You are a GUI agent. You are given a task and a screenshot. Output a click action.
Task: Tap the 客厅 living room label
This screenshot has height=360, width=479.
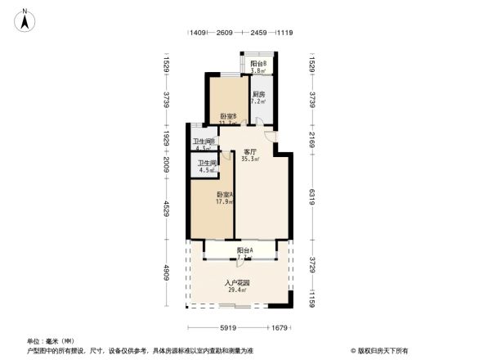251,151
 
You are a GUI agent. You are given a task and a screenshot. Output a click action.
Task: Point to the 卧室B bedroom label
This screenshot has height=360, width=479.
228,116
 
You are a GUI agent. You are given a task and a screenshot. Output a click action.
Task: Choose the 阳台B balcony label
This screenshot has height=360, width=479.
257,63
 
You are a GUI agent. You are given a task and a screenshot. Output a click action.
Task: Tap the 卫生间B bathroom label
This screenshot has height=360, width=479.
204,142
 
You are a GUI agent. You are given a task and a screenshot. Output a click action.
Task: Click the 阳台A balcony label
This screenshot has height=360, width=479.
244,250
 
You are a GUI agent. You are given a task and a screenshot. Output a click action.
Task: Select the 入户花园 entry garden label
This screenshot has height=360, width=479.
238,283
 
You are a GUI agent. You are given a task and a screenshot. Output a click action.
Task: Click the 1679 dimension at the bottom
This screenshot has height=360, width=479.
280,328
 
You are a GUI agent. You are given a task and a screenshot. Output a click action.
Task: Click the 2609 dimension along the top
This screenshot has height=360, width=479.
224,33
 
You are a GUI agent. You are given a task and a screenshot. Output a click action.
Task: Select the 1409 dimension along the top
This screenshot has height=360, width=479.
197,33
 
